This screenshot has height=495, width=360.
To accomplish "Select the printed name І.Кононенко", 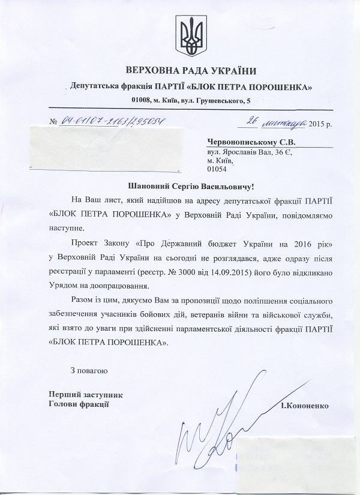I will tap(304, 406).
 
